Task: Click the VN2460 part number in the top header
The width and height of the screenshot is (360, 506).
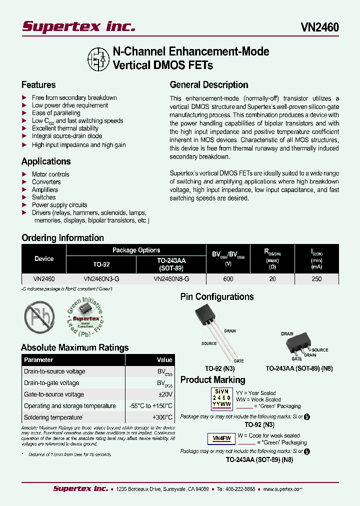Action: coord(319,27)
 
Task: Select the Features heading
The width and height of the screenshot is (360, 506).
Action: coord(38,85)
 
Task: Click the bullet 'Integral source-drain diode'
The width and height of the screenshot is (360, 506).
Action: coord(66,136)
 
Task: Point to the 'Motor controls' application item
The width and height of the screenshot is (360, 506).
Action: coord(50,174)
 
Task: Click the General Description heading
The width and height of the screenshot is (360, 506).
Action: coord(209,85)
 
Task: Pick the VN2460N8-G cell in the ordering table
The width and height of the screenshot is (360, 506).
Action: coord(171,279)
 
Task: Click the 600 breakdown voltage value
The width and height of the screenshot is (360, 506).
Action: coord(228,279)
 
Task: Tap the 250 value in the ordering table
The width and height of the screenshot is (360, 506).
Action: coord(316,279)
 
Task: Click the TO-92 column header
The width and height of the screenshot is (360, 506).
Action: coord(101,264)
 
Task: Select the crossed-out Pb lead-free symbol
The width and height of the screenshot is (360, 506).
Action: coord(39,316)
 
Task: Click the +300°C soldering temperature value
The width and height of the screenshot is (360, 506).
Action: coord(162,417)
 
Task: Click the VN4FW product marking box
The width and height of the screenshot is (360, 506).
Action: coord(221,438)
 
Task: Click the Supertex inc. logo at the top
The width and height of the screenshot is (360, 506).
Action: coord(78,26)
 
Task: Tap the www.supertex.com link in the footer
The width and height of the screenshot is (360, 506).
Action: coord(282,489)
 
